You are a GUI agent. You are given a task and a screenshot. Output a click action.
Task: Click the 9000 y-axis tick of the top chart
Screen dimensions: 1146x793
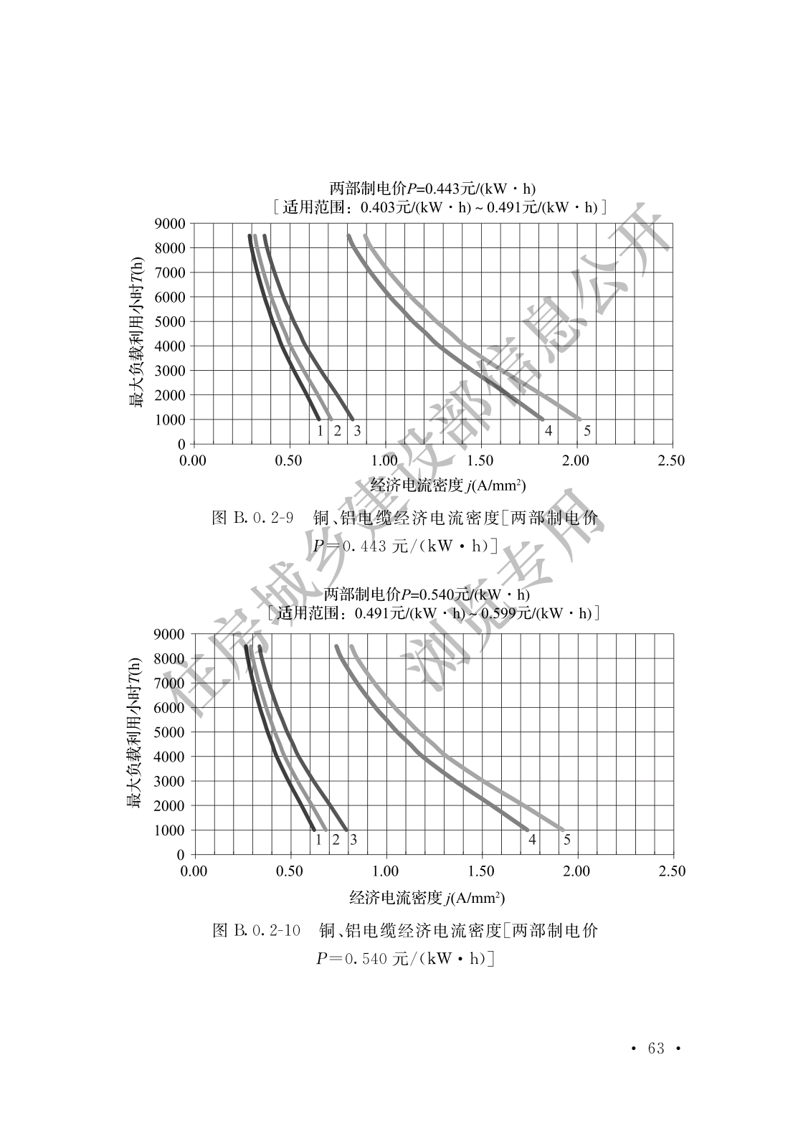tap(169, 223)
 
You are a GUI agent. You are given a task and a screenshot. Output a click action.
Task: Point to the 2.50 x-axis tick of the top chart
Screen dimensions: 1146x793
tap(671, 460)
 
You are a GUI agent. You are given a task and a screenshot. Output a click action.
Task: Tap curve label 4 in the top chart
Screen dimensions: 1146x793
tap(549, 431)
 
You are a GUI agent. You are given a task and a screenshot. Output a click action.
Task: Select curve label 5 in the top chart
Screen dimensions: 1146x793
tap(587, 431)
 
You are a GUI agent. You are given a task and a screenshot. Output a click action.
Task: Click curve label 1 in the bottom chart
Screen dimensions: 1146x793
tap(318, 840)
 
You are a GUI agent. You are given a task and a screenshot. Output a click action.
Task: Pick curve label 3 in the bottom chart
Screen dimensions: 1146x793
tap(353, 840)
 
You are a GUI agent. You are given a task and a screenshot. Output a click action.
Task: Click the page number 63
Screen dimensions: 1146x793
tap(655, 1048)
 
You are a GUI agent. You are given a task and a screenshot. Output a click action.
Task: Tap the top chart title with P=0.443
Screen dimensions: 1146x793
tap(432, 189)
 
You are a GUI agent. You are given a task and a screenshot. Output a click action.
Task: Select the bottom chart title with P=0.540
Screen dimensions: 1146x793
tap(427, 595)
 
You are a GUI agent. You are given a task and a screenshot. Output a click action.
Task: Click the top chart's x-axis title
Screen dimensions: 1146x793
tap(447, 486)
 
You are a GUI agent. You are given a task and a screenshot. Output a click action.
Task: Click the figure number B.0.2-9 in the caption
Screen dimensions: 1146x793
tap(262, 518)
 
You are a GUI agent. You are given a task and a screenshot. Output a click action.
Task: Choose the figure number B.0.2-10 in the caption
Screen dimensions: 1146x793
tap(266, 931)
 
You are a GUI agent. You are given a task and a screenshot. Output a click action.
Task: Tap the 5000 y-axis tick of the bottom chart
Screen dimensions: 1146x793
tap(170, 732)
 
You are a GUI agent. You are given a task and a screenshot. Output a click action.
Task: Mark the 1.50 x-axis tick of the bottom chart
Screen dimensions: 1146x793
tap(480, 871)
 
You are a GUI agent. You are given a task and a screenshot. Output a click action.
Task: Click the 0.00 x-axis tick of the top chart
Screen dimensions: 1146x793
tap(192, 460)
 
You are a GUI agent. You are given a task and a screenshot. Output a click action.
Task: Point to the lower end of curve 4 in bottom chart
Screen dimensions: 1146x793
tap(527, 829)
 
